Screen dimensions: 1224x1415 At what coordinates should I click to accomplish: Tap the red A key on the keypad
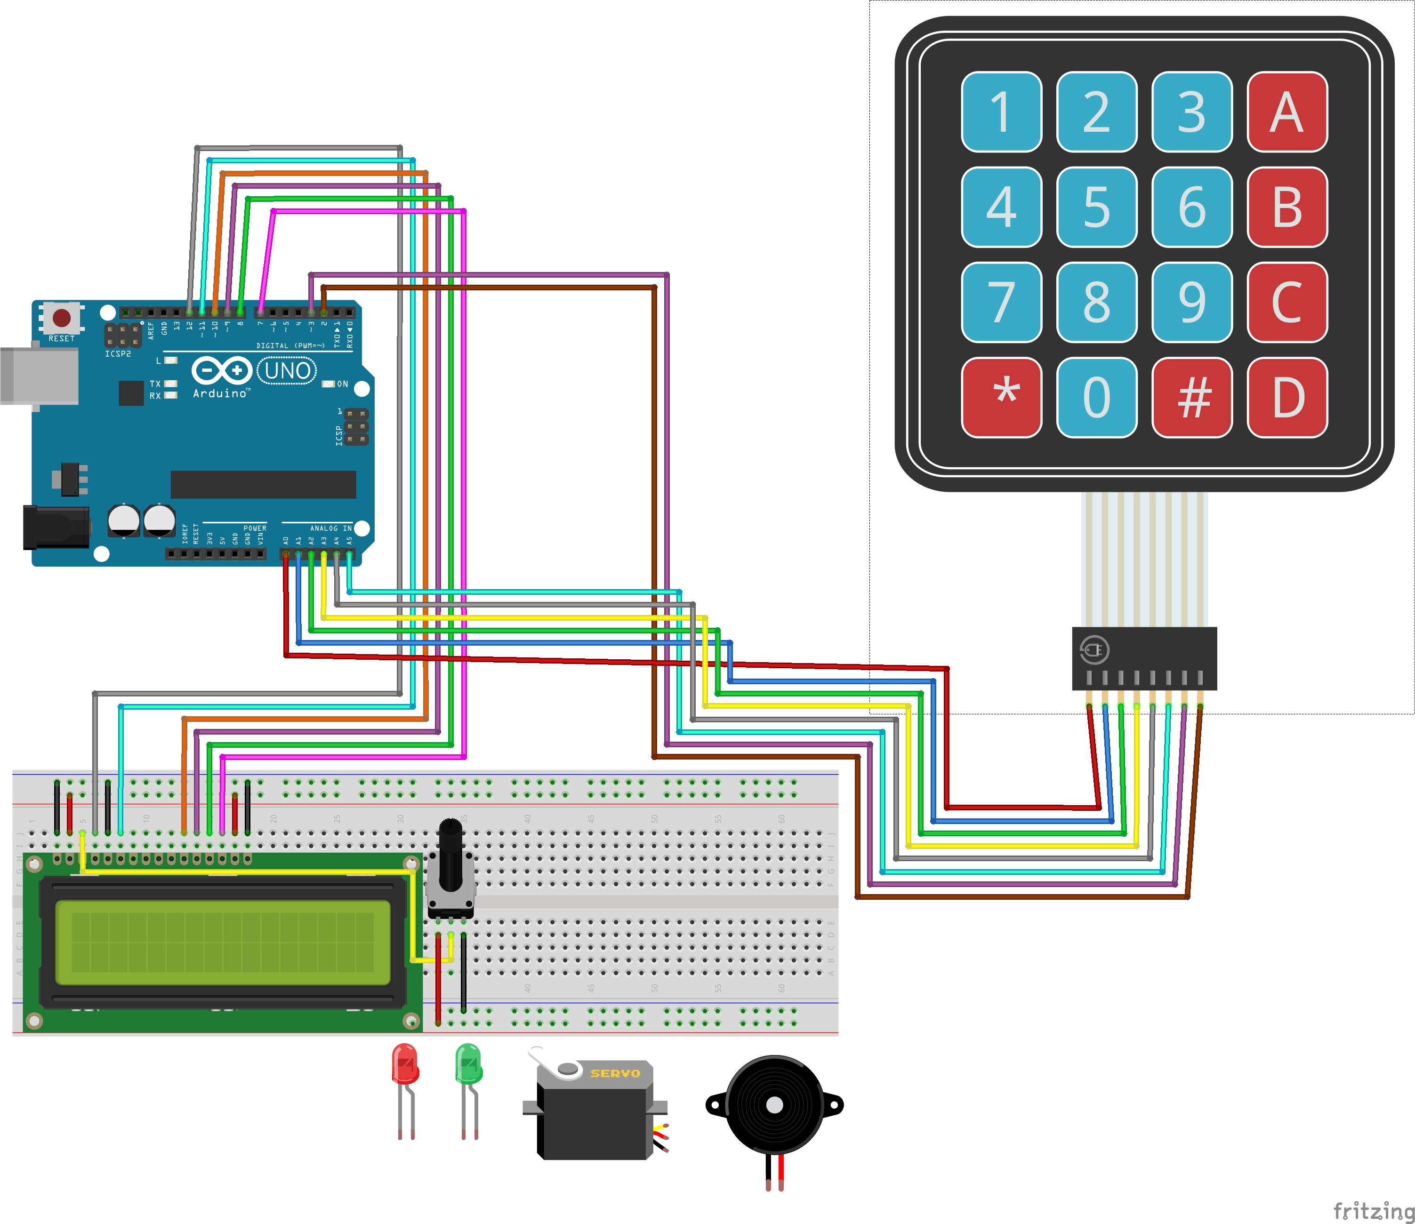[1286, 112]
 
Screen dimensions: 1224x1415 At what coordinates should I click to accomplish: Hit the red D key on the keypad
[1286, 397]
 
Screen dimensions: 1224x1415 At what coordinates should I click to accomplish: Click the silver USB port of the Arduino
[38, 376]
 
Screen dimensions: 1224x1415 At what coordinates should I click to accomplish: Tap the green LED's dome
[468, 1062]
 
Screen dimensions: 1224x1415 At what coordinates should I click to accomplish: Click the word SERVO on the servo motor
[615, 1073]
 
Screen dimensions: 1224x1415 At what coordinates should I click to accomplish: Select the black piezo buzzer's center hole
[774, 1104]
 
